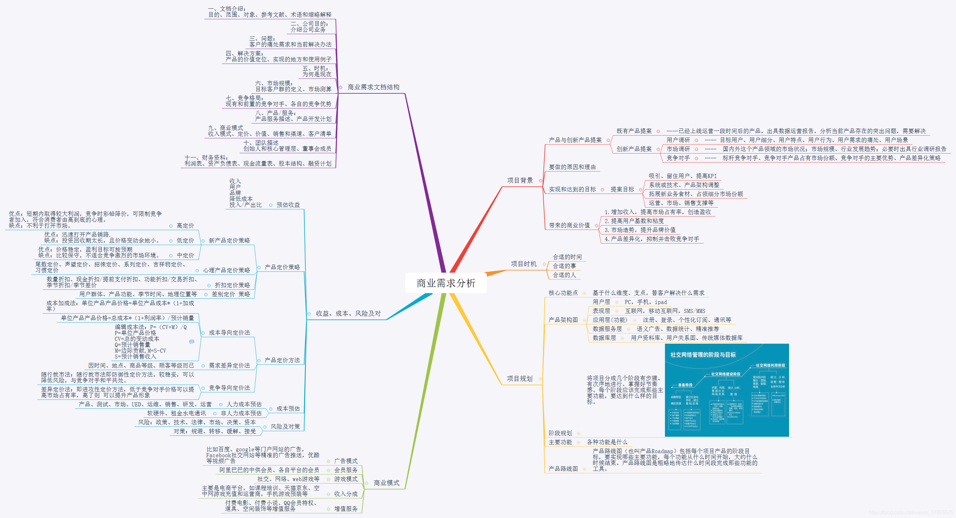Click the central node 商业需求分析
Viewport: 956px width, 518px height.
(446, 283)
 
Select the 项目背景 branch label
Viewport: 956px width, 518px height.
(520, 180)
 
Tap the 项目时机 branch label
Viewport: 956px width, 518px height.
(523, 264)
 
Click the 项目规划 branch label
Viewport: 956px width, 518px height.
(519, 378)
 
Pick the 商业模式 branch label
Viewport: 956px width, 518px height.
(386, 483)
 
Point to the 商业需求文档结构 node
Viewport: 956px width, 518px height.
(373, 87)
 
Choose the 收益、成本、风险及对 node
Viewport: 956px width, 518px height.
(348, 314)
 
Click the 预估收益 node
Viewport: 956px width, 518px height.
(288, 205)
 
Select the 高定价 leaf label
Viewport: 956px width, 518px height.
(185, 226)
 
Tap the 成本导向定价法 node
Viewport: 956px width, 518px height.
(229, 333)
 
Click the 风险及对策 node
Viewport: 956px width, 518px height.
(285, 427)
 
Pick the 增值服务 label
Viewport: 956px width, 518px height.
(346, 509)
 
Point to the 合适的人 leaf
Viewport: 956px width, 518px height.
(564, 275)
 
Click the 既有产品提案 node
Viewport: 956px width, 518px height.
(634, 131)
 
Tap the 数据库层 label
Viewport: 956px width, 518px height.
(604, 338)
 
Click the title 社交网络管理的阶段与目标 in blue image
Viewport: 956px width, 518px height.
(703, 355)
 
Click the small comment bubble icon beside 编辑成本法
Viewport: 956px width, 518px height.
(191, 342)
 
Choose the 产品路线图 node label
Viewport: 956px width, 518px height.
(563, 469)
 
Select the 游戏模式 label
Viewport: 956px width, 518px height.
(346, 479)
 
